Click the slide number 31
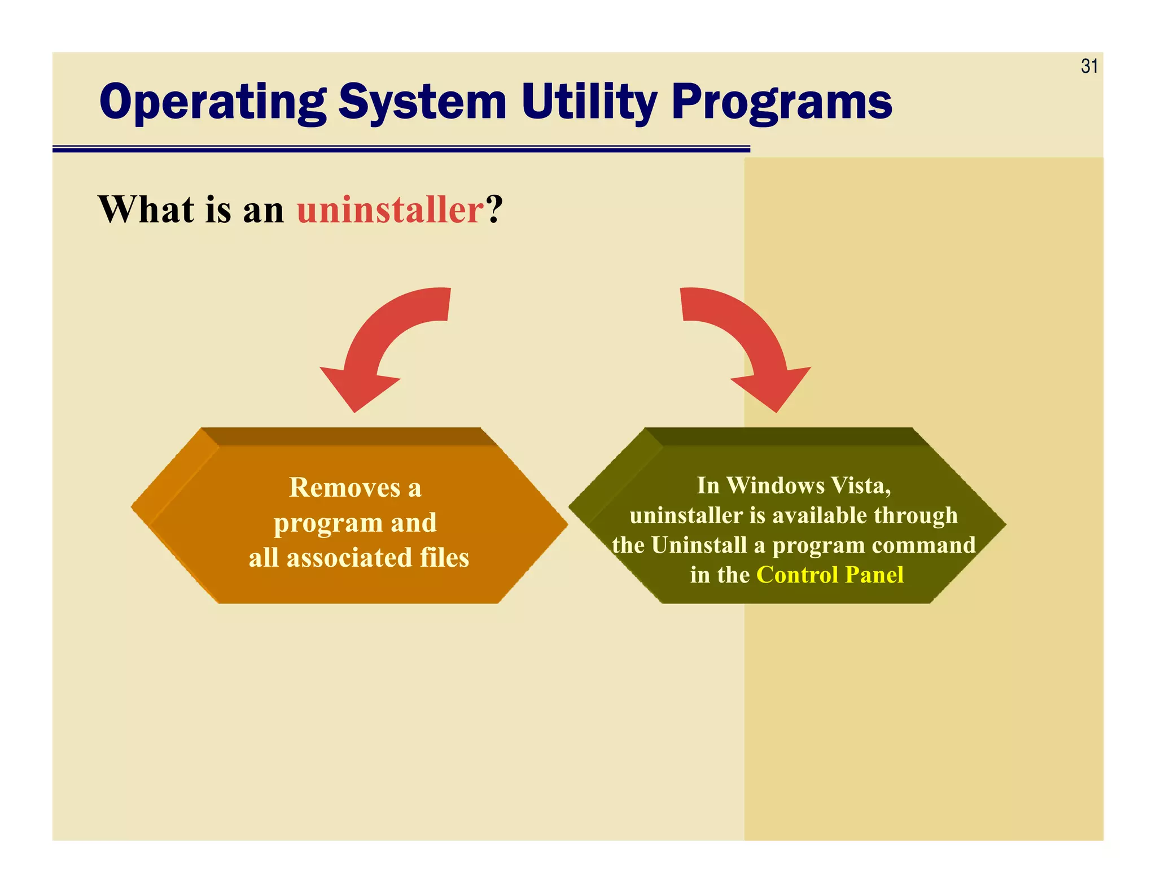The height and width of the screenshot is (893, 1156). [1089, 67]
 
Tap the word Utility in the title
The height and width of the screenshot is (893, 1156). [589, 103]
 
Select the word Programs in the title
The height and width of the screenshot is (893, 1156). [782, 103]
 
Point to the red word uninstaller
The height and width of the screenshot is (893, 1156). [390, 210]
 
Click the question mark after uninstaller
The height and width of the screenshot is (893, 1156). [494, 210]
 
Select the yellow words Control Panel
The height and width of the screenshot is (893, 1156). [830, 575]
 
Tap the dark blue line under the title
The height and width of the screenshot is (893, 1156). [401, 149]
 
